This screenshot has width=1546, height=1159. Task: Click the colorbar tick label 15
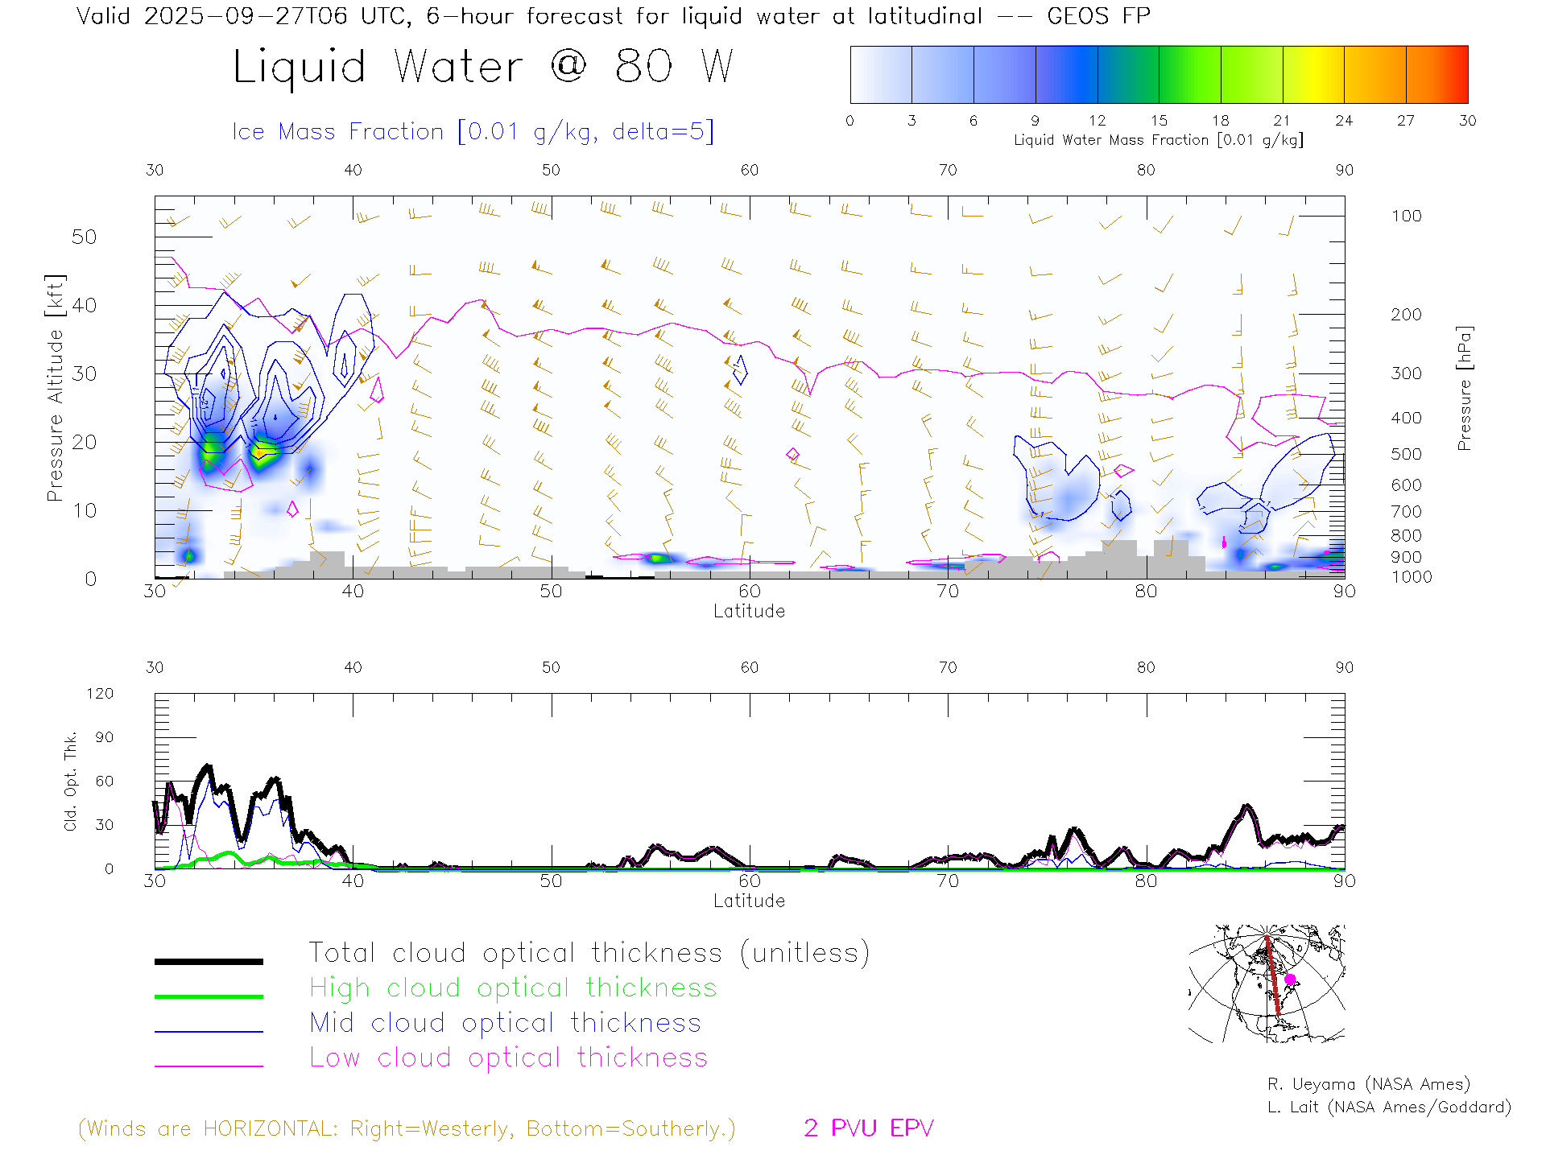click(x=1159, y=121)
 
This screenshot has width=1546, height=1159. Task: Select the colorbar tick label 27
click(x=1406, y=121)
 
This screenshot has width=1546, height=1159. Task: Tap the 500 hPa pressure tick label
click(x=1406, y=454)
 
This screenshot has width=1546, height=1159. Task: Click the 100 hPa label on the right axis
click(x=1406, y=216)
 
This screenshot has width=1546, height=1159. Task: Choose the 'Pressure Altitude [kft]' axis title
click(x=55, y=388)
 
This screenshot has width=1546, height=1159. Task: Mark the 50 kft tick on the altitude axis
click(x=84, y=237)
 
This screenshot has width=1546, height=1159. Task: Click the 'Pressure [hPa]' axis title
click(x=1464, y=388)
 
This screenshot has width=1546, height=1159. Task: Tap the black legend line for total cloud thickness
click(x=209, y=961)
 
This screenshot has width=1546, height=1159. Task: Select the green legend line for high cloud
click(x=209, y=996)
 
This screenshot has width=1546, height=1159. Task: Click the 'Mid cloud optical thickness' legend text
click(x=506, y=1023)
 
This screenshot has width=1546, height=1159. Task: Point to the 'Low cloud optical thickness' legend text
click(x=509, y=1058)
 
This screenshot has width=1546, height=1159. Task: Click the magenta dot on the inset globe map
click(x=1290, y=980)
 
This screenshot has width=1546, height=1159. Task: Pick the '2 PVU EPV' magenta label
click(x=868, y=1128)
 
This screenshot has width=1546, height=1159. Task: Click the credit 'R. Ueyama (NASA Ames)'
click(x=1368, y=1084)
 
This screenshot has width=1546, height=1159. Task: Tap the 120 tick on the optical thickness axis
click(x=101, y=694)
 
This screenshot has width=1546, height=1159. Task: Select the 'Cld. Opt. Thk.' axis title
click(x=71, y=781)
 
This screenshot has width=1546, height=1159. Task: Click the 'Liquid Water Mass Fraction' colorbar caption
click(x=1158, y=140)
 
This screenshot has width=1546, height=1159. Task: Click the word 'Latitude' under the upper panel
click(x=749, y=611)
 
